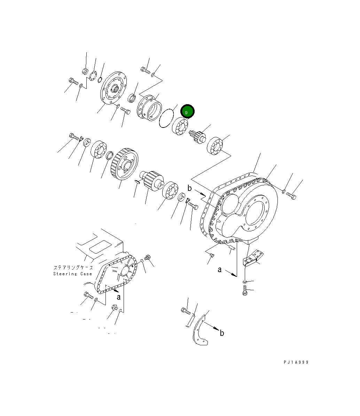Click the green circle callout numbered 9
tap(187, 112)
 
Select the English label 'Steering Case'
tap(72, 274)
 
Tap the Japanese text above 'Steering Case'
tap(73, 268)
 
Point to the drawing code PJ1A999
tap(296, 362)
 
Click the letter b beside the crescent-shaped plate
tap(222, 333)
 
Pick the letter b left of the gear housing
tap(189, 188)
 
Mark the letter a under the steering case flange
tap(118, 297)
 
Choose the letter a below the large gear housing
tap(220, 270)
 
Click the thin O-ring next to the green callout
tap(166, 118)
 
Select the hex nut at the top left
tap(84, 72)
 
